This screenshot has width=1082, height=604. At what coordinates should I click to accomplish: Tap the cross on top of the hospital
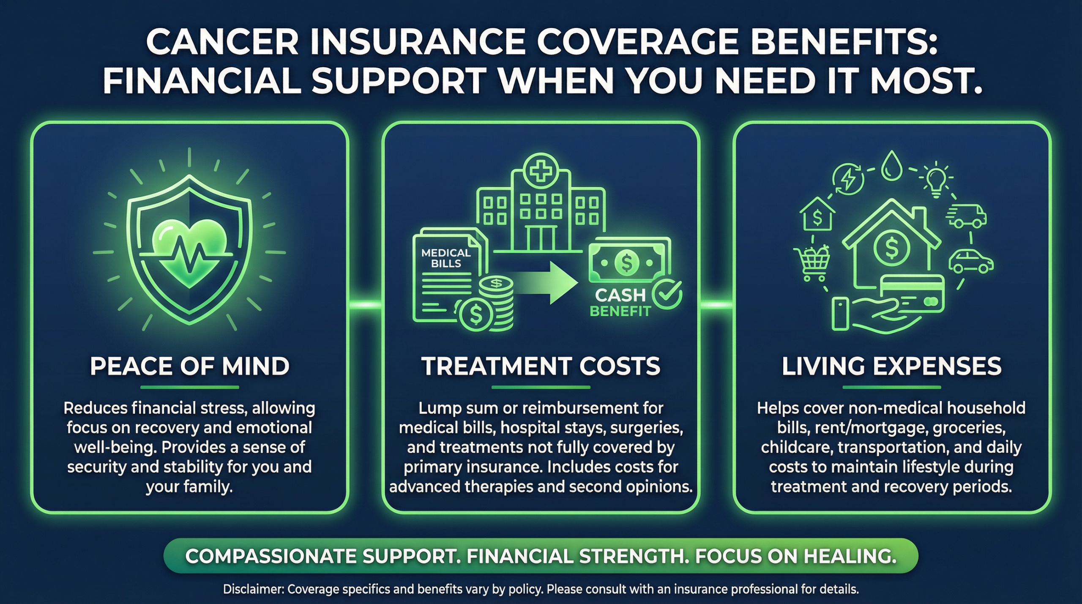click(540, 172)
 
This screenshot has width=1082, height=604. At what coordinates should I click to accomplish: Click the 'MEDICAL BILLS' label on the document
click(446, 258)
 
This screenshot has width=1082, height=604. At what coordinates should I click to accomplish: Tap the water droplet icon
click(891, 167)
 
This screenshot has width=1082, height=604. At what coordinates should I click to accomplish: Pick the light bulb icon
click(936, 180)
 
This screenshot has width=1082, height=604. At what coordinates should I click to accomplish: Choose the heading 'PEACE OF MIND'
click(189, 366)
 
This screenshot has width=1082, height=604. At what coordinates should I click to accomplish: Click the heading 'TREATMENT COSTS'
click(541, 366)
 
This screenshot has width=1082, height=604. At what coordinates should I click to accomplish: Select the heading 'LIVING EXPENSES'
click(891, 366)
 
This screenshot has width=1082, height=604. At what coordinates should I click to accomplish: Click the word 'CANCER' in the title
click(222, 42)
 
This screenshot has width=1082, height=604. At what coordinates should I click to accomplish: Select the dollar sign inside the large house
click(891, 249)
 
